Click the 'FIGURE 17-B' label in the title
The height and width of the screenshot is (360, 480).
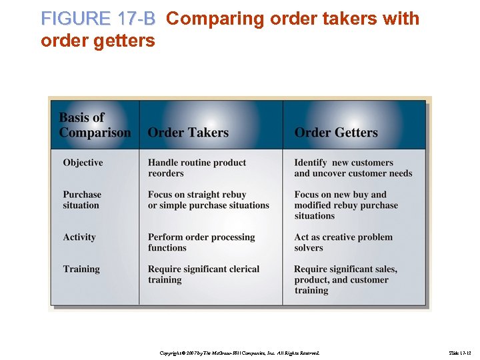pyautogui.click(x=97, y=19)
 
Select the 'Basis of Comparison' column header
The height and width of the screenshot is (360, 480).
pyautogui.click(x=95, y=125)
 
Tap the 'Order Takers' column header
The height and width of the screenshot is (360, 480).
pyautogui.click(x=188, y=133)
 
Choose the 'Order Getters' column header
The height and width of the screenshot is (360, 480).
pyautogui.click(x=336, y=133)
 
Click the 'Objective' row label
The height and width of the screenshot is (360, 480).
pyautogui.click(x=83, y=163)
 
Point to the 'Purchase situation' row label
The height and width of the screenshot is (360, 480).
pyautogui.click(x=82, y=200)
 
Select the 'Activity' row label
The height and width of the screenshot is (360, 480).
pyautogui.click(x=79, y=237)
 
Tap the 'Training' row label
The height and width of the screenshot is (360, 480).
pyautogui.click(x=81, y=269)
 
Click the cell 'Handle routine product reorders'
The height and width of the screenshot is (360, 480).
pyautogui.click(x=197, y=168)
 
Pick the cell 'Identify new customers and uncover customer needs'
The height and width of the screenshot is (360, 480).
pyautogui.click(x=353, y=168)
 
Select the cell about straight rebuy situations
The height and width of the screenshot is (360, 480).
pyautogui.click(x=208, y=200)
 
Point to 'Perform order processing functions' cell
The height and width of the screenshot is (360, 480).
pyautogui.click(x=201, y=243)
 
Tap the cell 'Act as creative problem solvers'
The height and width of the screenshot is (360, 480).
pyautogui.click(x=343, y=243)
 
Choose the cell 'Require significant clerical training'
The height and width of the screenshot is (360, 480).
pyautogui.click(x=203, y=275)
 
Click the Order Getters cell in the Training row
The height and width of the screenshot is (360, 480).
pyautogui.click(x=345, y=280)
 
